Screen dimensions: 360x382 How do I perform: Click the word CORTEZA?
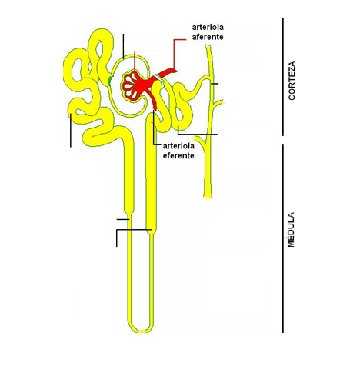click(x=292, y=81)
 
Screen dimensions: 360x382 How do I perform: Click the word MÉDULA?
click(x=291, y=230)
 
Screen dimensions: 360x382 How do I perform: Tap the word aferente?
click(x=208, y=37)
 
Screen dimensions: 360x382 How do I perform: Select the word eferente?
click(x=178, y=155)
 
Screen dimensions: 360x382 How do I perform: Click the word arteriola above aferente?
click(x=208, y=27)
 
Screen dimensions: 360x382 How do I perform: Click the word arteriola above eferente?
click(x=178, y=146)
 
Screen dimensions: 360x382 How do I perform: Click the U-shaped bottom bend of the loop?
click(x=140, y=328)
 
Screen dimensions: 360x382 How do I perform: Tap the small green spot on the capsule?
click(x=110, y=80)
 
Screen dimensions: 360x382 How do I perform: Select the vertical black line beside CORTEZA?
click(x=283, y=77)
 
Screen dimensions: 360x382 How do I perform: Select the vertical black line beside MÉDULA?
click(x=283, y=238)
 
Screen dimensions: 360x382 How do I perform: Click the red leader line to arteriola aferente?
click(x=175, y=53)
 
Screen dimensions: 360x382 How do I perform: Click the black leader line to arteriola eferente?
click(x=154, y=128)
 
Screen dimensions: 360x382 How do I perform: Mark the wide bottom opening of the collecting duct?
click(x=208, y=196)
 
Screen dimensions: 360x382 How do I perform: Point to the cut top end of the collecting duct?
click(x=208, y=46)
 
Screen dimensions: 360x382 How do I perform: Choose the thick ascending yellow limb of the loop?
click(x=152, y=174)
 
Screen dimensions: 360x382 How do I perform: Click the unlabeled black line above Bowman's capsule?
click(x=123, y=46)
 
